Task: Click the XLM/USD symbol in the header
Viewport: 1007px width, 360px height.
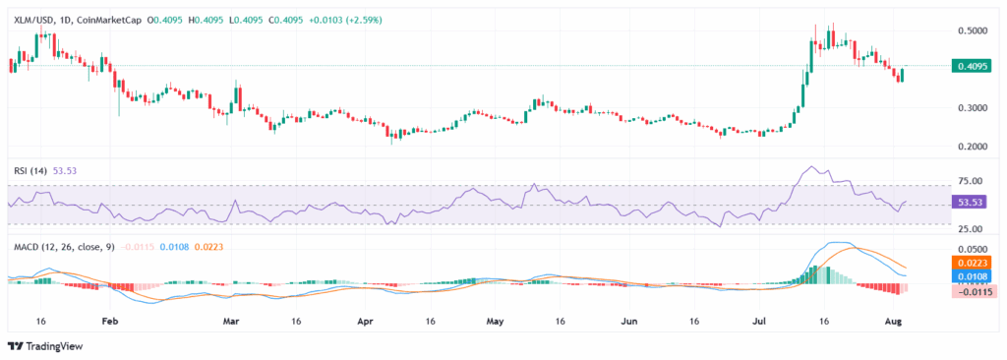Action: pos(33,20)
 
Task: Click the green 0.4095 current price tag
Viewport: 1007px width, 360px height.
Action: pos(970,66)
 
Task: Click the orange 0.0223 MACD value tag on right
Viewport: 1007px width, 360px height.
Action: pos(970,264)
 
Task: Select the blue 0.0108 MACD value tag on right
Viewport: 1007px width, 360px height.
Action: pos(970,277)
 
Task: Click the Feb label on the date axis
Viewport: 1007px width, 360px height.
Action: pos(110,321)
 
